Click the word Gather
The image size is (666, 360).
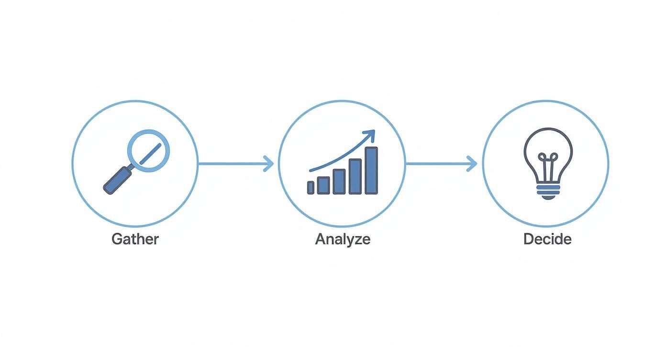click(x=135, y=238)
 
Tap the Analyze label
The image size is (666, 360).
click(x=343, y=238)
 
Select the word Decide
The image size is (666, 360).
click(x=547, y=238)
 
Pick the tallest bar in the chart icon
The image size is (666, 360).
click(x=371, y=170)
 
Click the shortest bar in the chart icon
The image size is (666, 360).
click(x=311, y=188)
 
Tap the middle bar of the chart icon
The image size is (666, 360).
click(x=339, y=181)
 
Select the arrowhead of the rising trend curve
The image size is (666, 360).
click(x=369, y=135)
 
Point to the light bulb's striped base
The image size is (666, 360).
click(x=548, y=191)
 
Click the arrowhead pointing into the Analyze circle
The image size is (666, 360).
click(x=269, y=164)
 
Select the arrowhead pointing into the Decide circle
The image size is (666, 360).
click(x=473, y=164)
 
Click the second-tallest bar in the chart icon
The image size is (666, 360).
click(x=355, y=177)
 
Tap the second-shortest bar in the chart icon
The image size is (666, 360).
click(x=323, y=185)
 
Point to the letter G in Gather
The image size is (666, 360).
click(x=116, y=238)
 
